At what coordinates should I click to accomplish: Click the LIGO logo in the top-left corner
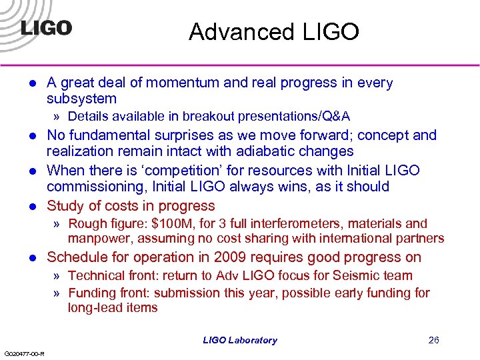[x=45, y=29]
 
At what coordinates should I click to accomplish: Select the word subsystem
[x=81, y=99]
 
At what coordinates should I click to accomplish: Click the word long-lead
[x=93, y=307]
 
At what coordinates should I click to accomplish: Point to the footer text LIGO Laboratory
[x=240, y=340]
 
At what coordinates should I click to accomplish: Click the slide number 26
[x=434, y=340]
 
